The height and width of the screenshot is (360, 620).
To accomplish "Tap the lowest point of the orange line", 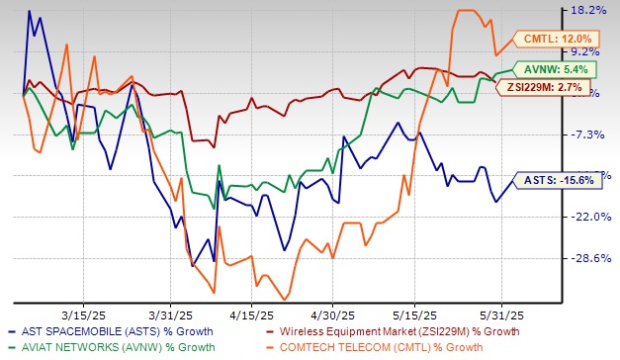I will point(285,299).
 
